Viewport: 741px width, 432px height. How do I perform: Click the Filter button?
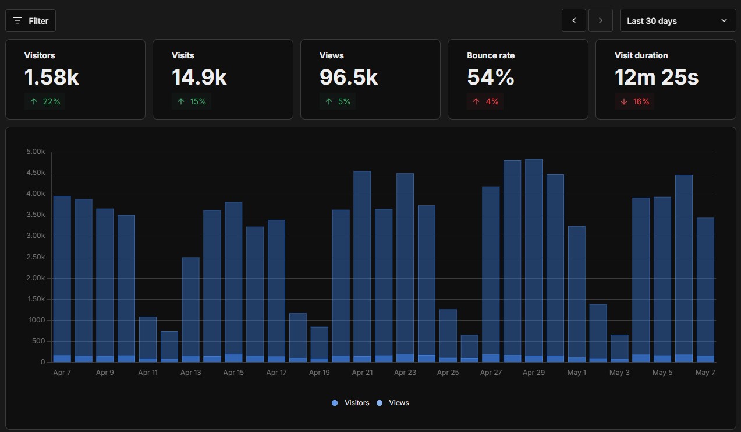pos(30,21)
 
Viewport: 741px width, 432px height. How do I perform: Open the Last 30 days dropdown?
pos(678,21)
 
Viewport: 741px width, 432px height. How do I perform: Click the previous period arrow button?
pos(574,21)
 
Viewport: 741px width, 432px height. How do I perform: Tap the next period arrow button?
pos(600,21)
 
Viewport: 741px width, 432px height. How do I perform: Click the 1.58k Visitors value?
pos(52,77)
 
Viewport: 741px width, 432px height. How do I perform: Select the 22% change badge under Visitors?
pos(45,101)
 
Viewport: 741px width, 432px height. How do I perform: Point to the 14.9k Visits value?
pos(199,77)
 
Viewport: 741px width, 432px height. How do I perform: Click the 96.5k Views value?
pos(349,77)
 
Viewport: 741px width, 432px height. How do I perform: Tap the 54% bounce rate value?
pos(491,77)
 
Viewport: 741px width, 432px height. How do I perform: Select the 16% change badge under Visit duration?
pos(634,101)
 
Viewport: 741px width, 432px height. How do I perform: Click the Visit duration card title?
pos(641,55)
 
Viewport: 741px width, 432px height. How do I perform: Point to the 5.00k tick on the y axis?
pos(36,152)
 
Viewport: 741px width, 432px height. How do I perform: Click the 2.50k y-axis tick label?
pos(36,257)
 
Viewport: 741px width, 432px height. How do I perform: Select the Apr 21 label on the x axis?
pos(362,373)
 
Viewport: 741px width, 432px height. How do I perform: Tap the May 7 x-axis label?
pos(705,373)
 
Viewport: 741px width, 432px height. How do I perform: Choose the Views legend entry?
pos(393,403)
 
